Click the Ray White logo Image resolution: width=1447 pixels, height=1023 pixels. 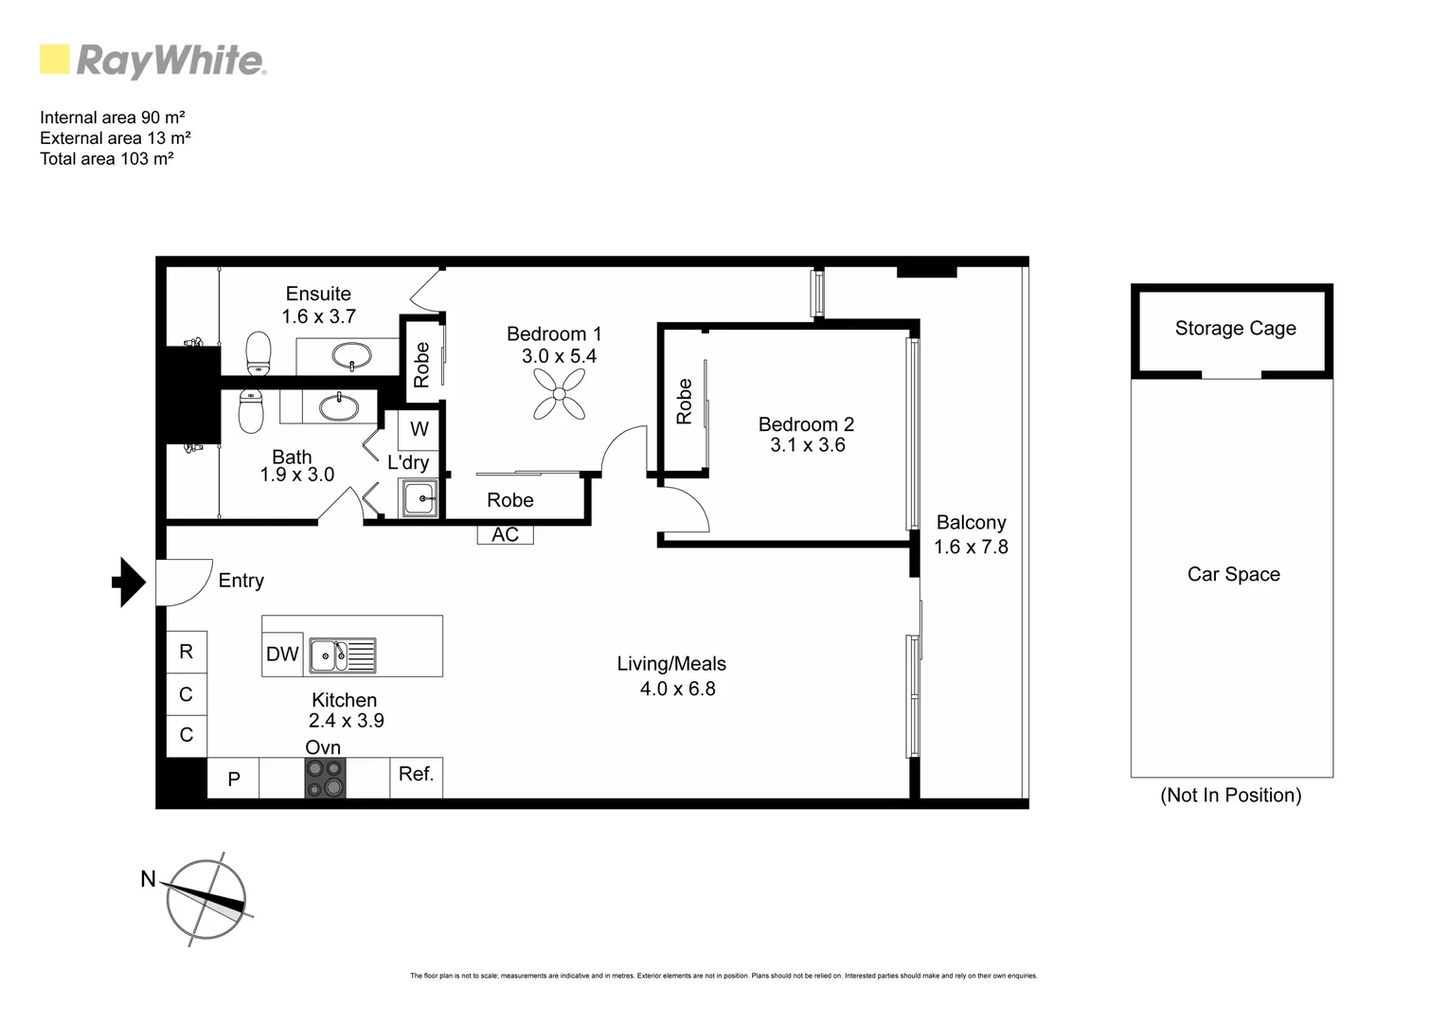[152, 61]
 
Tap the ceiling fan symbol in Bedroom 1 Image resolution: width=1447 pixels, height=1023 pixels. [560, 393]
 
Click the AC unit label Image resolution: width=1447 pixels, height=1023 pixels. [505, 534]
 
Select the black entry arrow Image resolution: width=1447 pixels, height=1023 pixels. [129, 582]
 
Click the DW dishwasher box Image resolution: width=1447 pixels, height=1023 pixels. [282, 655]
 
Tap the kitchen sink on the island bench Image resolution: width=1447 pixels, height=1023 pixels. [342, 655]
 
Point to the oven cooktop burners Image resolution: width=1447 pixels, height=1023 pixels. [325, 778]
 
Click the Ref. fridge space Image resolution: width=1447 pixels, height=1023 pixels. [416, 776]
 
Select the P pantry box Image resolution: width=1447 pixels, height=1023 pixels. [233, 779]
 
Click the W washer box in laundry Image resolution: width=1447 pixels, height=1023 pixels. [419, 429]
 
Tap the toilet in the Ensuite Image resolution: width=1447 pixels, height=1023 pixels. [258, 353]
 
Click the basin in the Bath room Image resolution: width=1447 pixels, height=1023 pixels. [338, 408]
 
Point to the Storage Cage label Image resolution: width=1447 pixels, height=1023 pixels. [1235, 329]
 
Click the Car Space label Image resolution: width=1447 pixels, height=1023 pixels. [1233, 575]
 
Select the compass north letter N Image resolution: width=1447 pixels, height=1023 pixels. [148, 879]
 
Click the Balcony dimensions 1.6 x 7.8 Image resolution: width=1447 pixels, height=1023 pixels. [971, 547]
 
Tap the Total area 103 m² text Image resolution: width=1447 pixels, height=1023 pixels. [106, 159]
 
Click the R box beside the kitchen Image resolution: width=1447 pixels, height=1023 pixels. [187, 652]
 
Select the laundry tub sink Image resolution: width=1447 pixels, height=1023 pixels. [418, 497]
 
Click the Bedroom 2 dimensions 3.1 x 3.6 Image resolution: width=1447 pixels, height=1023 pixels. [807, 445]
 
